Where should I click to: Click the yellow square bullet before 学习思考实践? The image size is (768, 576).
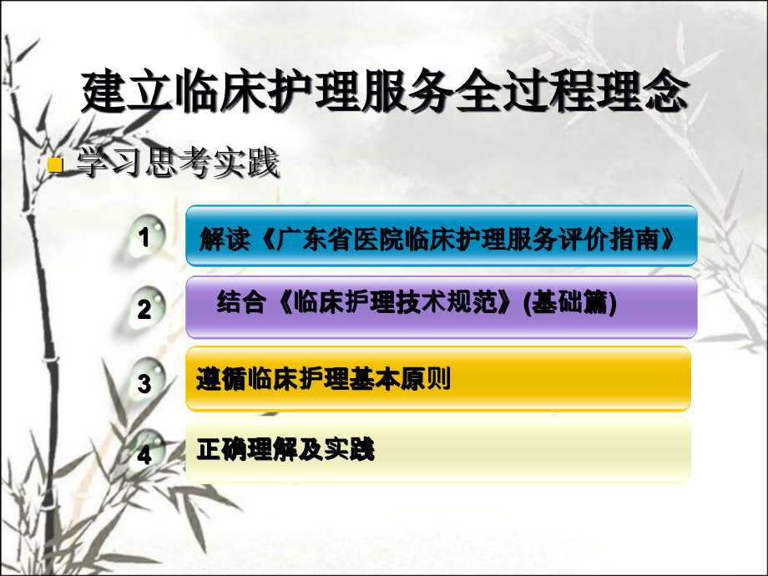[56, 165]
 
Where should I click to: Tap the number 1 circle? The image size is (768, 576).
[144, 238]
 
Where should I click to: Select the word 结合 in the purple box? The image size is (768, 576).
[241, 303]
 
